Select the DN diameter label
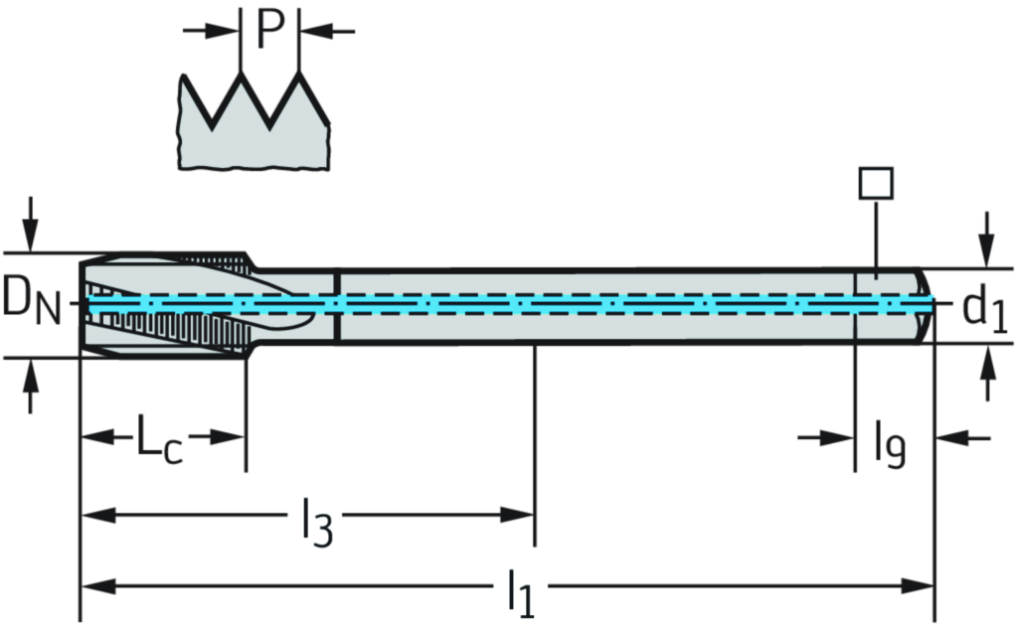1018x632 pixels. click(x=30, y=300)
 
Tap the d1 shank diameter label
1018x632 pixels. click(x=985, y=310)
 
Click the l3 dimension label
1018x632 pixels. click(x=314, y=519)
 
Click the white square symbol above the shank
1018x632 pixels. click(x=877, y=183)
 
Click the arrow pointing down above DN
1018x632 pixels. click(x=31, y=224)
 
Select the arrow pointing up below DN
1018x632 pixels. click(x=31, y=388)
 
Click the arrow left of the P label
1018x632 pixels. click(x=211, y=32)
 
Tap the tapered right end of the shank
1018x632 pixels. click(x=925, y=303)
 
